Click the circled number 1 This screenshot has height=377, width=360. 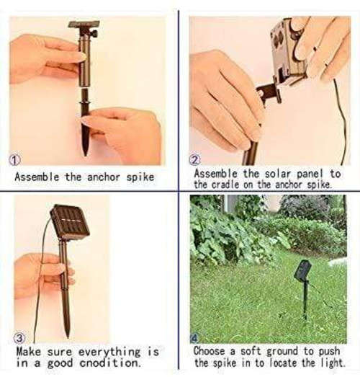coord(14,160)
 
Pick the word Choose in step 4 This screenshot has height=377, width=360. coord(210,351)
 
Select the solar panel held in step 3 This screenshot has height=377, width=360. coord(69,223)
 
